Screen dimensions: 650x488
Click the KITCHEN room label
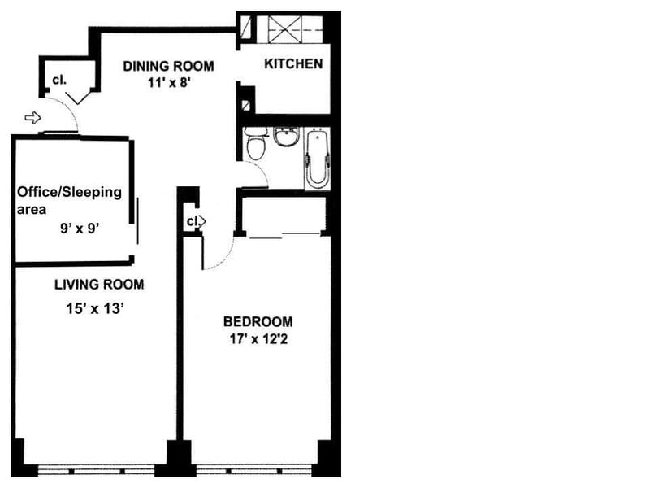293,64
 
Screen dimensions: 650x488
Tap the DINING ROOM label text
169,66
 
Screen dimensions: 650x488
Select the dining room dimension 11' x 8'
169,83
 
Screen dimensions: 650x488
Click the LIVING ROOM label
99,285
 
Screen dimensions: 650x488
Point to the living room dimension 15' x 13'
95,309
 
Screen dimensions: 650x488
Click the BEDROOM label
258,321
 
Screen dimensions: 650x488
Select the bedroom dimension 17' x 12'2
258,339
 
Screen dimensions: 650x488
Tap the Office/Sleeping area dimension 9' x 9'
80,229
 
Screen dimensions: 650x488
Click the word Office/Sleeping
70,192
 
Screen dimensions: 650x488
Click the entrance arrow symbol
32,118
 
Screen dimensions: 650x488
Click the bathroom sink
287,137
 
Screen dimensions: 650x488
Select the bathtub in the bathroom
318,158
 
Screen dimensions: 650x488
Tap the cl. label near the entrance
59,80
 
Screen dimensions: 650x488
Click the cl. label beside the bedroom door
193,221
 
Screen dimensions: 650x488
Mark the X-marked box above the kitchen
284,29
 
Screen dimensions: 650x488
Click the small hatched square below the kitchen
246,106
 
